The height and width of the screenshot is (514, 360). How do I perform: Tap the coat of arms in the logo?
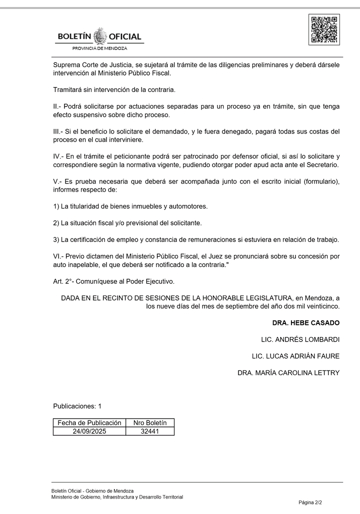[100, 36]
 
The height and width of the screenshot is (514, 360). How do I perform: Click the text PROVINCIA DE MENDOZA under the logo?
[100, 48]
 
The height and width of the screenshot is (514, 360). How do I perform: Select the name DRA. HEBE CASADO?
[306, 323]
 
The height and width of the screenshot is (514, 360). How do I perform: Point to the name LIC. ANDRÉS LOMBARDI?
[300, 339]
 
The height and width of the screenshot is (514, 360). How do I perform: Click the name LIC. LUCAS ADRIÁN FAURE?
[296, 356]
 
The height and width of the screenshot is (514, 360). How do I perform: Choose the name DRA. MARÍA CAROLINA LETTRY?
[288, 372]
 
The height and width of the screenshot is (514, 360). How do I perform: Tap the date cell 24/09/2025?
[89, 431]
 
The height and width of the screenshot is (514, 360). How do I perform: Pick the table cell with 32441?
[150, 431]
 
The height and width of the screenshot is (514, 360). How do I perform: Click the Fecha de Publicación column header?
[89, 423]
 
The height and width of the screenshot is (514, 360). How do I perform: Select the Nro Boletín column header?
[150, 423]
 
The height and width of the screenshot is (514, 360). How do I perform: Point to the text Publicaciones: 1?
[77, 406]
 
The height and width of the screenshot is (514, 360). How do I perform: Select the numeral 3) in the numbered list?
[56, 239]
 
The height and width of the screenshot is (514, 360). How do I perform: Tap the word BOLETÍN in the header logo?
[74, 37]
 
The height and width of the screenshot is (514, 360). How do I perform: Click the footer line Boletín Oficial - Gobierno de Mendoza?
[92, 491]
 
